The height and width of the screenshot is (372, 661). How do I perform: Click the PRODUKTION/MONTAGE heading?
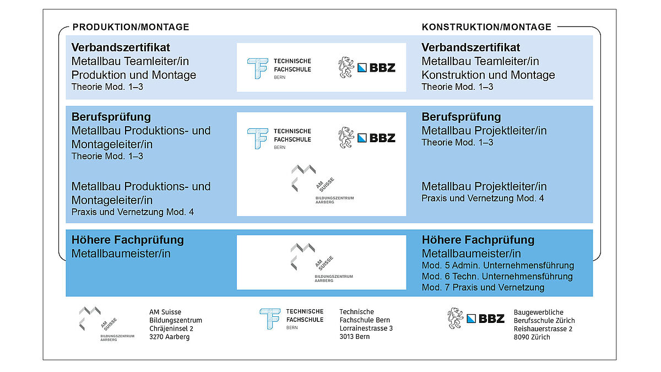pyautogui.click(x=131, y=27)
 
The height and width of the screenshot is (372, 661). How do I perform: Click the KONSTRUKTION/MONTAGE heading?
pyautogui.click(x=486, y=27)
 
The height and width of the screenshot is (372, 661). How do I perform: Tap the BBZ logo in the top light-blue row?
pyautogui.click(x=367, y=67)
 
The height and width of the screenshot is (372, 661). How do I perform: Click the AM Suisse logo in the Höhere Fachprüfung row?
pyautogui.click(x=322, y=263)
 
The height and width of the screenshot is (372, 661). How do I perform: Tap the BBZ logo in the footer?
pyautogui.click(x=476, y=319)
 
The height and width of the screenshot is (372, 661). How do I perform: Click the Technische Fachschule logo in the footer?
pyautogui.click(x=291, y=319)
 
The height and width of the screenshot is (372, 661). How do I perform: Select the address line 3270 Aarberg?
pyautogui.click(x=170, y=337)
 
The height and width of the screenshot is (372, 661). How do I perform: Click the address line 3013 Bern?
pyautogui.click(x=355, y=337)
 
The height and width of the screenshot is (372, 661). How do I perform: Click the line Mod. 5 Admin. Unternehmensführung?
pyautogui.click(x=498, y=266)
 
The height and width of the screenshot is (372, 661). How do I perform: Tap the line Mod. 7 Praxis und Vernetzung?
pyautogui.click(x=483, y=288)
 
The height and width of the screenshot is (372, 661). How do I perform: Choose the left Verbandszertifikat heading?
pyautogui.click(x=121, y=47)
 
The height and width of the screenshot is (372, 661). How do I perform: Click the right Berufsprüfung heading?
pyautogui.click(x=462, y=117)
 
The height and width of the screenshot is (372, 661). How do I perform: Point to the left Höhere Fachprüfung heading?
pyautogui.click(x=128, y=240)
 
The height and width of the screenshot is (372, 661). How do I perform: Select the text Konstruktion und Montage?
pyautogui.click(x=489, y=75)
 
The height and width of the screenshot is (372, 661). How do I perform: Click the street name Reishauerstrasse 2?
pyautogui.click(x=543, y=328)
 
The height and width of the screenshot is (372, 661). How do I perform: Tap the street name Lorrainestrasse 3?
pyautogui.click(x=366, y=328)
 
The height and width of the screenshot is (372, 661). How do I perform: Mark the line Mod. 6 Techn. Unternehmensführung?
pyautogui.click(x=497, y=277)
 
